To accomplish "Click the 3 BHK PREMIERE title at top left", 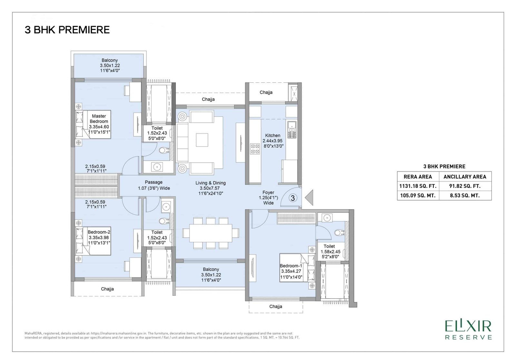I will tap(67, 30).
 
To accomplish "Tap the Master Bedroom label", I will tap(99, 119).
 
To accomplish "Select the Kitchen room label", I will tap(273, 135).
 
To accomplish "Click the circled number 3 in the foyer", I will tap(293, 198).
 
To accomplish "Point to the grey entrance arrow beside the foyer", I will tap(309, 198).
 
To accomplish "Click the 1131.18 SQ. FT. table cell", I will tap(418, 186).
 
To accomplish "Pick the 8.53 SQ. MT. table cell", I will tap(465, 195).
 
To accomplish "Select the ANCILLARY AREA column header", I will tap(465, 177).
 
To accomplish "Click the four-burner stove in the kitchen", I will tap(255, 149).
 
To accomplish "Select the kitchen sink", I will tap(292, 129).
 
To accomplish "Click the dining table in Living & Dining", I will tap(211, 233).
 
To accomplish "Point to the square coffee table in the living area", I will tap(202, 140).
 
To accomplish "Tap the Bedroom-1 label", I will tap(291, 266).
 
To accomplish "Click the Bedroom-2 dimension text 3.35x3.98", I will tap(99, 238).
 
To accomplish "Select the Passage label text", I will tap(154, 182).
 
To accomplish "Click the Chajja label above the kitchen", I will tap(266, 92).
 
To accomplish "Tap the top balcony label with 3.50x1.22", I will tap(110, 65).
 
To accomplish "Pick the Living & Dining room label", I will tap(211, 183).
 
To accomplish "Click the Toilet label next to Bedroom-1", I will tap(329, 246).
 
